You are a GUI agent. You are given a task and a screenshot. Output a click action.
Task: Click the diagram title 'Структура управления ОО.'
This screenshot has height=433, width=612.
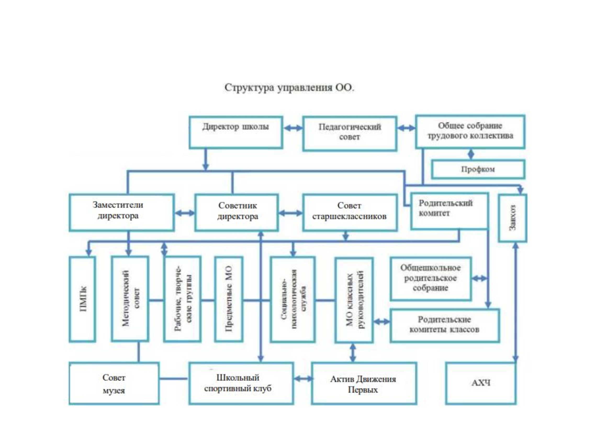click(289, 87)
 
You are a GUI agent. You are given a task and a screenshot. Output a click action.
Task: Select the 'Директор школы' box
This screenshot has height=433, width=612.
click(236, 132)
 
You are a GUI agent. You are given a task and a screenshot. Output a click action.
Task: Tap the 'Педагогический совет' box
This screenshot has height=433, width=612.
click(350, 133)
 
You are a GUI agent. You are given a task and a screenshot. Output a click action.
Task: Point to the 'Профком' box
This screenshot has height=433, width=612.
click(478, 169)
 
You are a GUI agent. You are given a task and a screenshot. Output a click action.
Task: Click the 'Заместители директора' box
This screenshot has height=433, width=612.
click(122, 212)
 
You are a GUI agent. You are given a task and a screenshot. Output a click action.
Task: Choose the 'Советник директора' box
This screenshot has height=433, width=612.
click(237, 212)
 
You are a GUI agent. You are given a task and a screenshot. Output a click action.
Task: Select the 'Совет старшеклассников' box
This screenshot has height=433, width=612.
click(350, 212)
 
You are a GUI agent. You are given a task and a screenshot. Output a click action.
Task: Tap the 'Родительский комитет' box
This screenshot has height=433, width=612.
click(450, 211)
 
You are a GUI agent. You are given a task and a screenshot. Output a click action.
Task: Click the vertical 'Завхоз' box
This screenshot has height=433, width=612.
click(512, 218)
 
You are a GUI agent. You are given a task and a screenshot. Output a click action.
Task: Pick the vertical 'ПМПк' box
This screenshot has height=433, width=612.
click(82, 299)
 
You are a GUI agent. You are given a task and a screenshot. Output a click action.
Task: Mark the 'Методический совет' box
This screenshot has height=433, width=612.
click(130, 299)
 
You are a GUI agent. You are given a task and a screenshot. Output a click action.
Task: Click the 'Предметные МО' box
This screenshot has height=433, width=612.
click(229, 299)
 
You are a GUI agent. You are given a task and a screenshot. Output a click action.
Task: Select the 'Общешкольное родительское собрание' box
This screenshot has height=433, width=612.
click(430, 279)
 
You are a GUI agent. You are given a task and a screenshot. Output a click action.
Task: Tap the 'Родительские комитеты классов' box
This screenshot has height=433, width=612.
click(445, 325)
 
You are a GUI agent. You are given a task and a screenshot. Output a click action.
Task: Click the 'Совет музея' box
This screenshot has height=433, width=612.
click(114, 384)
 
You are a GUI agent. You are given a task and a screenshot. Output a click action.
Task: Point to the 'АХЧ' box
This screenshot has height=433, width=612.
click(481, 384)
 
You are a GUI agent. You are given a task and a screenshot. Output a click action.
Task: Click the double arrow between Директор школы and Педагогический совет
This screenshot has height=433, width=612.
click(293, 128)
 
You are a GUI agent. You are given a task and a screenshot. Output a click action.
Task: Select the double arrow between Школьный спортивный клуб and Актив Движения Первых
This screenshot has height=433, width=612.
click(303, 378)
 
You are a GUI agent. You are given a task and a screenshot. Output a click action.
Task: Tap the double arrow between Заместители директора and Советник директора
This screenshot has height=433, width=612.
click(185, 213)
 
